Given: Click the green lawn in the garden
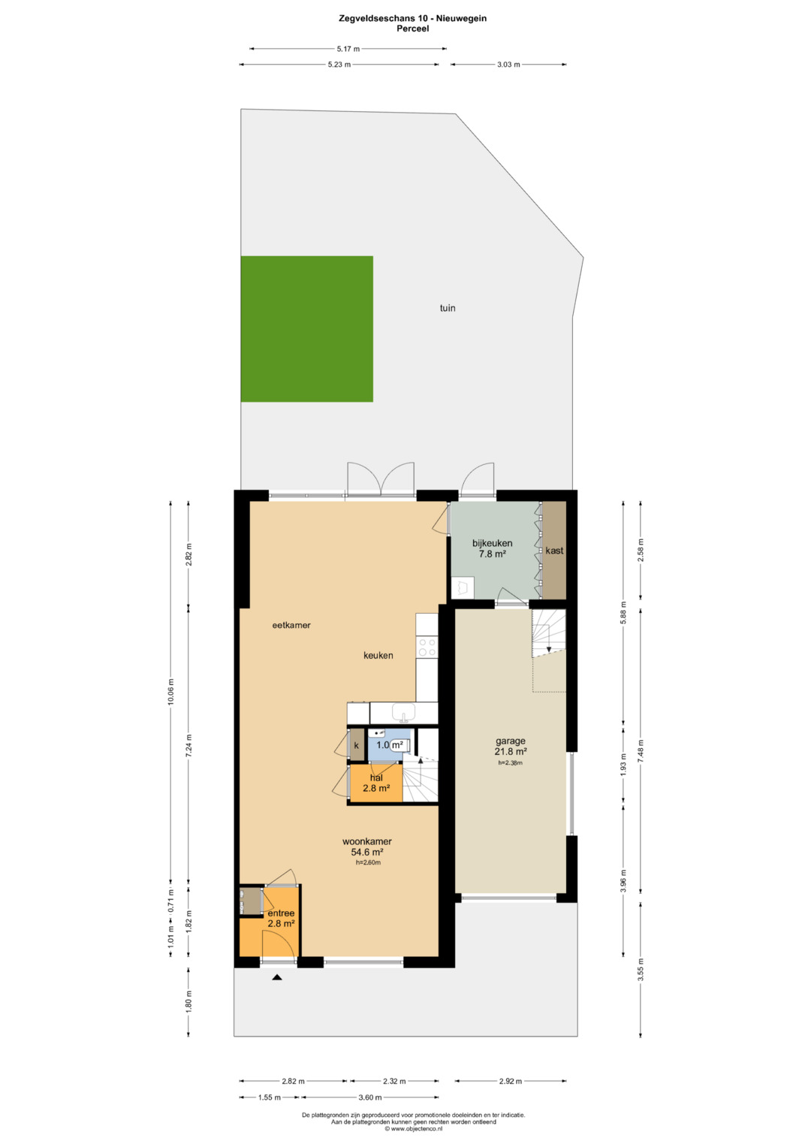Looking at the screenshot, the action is click(x=306, y=329).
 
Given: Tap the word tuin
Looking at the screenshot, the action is click(x=448, y=308).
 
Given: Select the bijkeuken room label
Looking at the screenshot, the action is click(x=492, y=548).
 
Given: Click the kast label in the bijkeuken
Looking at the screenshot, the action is click(x=554, y=551).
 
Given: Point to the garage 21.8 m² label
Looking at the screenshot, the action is click(x=511, y=746).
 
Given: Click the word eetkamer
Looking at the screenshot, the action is click(x=291, y=625).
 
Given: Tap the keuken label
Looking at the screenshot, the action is click(x=378, y=656).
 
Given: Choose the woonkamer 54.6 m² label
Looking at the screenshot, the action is click(x=367, y=847).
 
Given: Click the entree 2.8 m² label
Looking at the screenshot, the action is click(x=281, y=919).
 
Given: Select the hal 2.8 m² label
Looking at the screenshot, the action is click(x=376, y=783).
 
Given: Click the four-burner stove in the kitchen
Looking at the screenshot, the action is click(x=427, y=647).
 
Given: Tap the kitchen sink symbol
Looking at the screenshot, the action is click(x=403, y=713).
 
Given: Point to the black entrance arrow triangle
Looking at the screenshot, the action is click(x=277, y=977).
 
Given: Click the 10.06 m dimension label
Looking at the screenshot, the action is click(x=170, y=692).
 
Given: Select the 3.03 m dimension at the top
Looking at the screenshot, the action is click(x=508, y=65).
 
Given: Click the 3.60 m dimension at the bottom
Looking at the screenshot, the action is click(x=370, y=1097).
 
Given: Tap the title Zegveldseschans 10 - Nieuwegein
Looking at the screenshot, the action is click(x=413, y=19).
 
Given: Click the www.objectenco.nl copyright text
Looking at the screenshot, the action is click(x=414, y=1128).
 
